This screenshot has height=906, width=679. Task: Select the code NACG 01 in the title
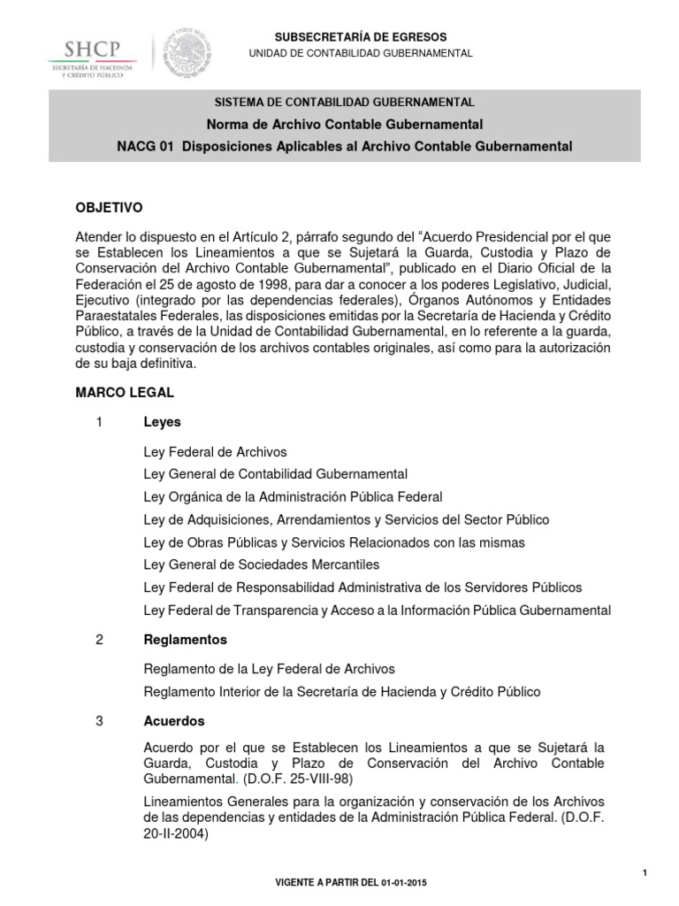coord(143,146)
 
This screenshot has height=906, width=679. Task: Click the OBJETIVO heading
coord(108,208)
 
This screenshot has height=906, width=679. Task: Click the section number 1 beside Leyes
coord(100,423)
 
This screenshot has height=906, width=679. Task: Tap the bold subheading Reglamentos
coord(185,639)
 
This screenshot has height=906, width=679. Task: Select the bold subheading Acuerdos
coord(174,721)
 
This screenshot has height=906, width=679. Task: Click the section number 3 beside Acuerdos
coord(100,721)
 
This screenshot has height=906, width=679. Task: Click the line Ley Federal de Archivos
coord(215,452)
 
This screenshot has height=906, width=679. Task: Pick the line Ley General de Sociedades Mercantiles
coord(261,564)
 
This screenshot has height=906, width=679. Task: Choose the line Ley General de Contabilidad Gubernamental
coord(275,474)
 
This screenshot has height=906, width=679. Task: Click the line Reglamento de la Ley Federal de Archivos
coord(269,669)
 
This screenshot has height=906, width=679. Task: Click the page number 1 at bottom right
coord(645,873)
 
